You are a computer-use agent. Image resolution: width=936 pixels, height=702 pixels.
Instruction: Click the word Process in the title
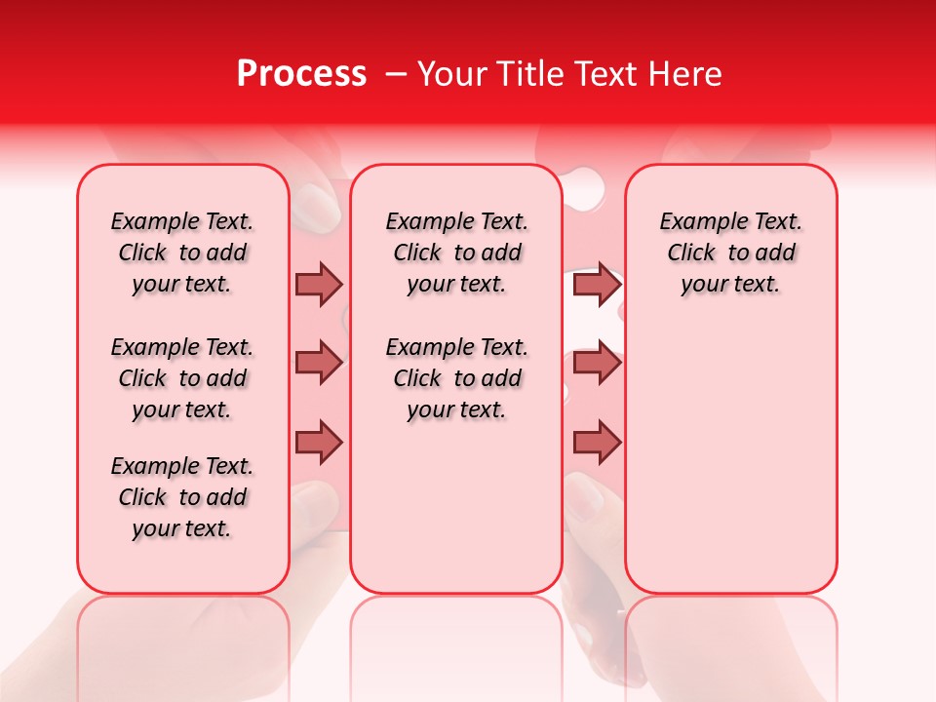(301, 74)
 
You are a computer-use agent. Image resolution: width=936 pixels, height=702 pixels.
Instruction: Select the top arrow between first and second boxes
(319, 284)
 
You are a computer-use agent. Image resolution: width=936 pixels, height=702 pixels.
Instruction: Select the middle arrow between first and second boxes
(319, 363)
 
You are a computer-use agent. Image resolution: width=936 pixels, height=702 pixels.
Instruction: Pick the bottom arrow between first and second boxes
(319, 443)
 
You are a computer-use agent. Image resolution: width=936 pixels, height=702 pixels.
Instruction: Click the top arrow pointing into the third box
(597, 284)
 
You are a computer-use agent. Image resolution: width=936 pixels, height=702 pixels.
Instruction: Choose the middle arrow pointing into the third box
(597, 363)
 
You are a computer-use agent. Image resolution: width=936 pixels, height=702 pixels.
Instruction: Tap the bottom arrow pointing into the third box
(597, 443)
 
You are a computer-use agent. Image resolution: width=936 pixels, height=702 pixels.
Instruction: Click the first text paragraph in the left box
(182, 253)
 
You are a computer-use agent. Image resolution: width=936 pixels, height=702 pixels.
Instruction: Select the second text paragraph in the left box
(182, 378)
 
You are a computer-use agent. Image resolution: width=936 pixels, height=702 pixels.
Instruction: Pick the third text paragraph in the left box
(182, 497)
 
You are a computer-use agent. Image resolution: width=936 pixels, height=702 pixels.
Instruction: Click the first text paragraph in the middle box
(456, 253)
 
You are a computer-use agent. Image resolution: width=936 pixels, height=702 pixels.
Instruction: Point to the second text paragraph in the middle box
(456, 378)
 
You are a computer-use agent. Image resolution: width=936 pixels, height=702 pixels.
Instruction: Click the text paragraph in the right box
(731, 253)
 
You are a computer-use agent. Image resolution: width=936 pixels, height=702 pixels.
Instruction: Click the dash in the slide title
(396, 74)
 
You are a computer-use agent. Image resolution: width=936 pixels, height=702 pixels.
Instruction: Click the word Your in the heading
(452, 74)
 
